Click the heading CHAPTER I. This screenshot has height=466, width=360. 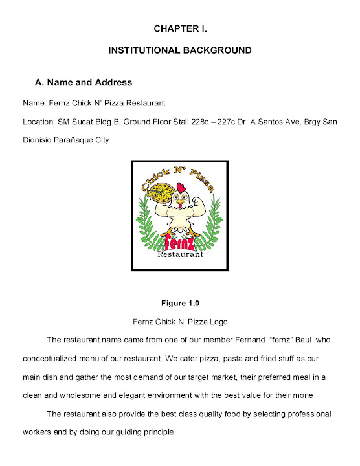179,29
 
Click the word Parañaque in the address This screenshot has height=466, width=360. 80,139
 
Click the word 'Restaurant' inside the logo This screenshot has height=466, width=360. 180,254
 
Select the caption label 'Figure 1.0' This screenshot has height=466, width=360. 179,302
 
